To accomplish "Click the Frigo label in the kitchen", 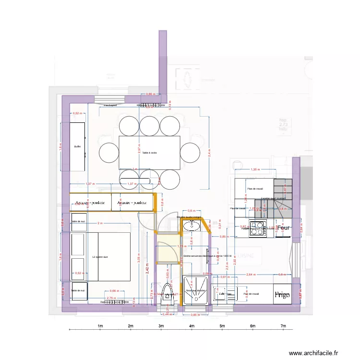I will point(282,295).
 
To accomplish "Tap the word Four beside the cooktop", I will point(284,229).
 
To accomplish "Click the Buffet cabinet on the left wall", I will point(78,146).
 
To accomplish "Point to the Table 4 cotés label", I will point(149,153).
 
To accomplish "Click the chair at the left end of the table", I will point(109,153).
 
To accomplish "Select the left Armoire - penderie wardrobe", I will point(91,203).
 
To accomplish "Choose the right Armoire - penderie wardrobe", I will point(132,203).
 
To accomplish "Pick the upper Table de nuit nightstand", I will point(78,221).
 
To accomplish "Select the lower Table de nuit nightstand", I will point(78,291).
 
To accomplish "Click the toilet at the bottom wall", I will point(168,294).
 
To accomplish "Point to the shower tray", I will point(196,291).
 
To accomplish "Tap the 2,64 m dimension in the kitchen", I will point(250,275).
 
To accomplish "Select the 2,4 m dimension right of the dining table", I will point(210,153).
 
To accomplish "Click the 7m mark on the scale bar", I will point(284,326).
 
